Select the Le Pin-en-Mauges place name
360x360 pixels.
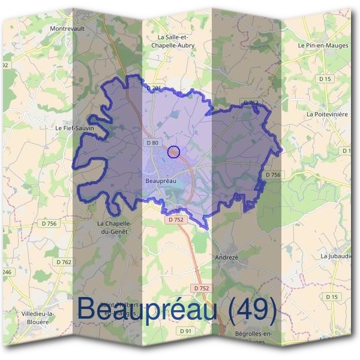click(323, 45)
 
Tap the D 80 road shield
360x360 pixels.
click(152, 143)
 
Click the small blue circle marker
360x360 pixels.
click(174, 152)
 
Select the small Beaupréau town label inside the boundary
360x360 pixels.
click(160, 179)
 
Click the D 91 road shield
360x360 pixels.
click(185, 331)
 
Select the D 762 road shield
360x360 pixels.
click(64, 262)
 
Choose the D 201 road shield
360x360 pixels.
click(154, 89)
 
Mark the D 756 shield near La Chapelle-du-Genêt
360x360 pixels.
click(49, 224)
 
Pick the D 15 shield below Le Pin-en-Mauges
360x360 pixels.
click(325, 79)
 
